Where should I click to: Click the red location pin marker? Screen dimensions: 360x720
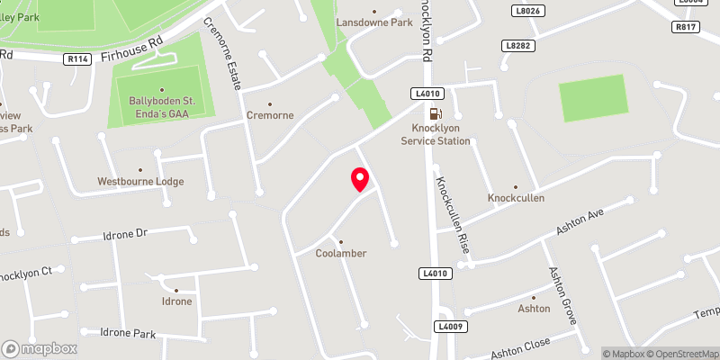[360, 179]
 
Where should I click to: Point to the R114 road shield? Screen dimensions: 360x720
[78, 58]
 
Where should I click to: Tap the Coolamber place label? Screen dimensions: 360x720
[341, 253]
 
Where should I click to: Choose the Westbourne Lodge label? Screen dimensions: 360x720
[140, 181]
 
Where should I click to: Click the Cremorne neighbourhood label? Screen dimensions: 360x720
[269, 116]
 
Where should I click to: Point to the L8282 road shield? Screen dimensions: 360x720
[518, 45]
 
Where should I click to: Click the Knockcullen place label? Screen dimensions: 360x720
[516, 197]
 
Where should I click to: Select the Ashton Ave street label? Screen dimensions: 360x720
[579, 221]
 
